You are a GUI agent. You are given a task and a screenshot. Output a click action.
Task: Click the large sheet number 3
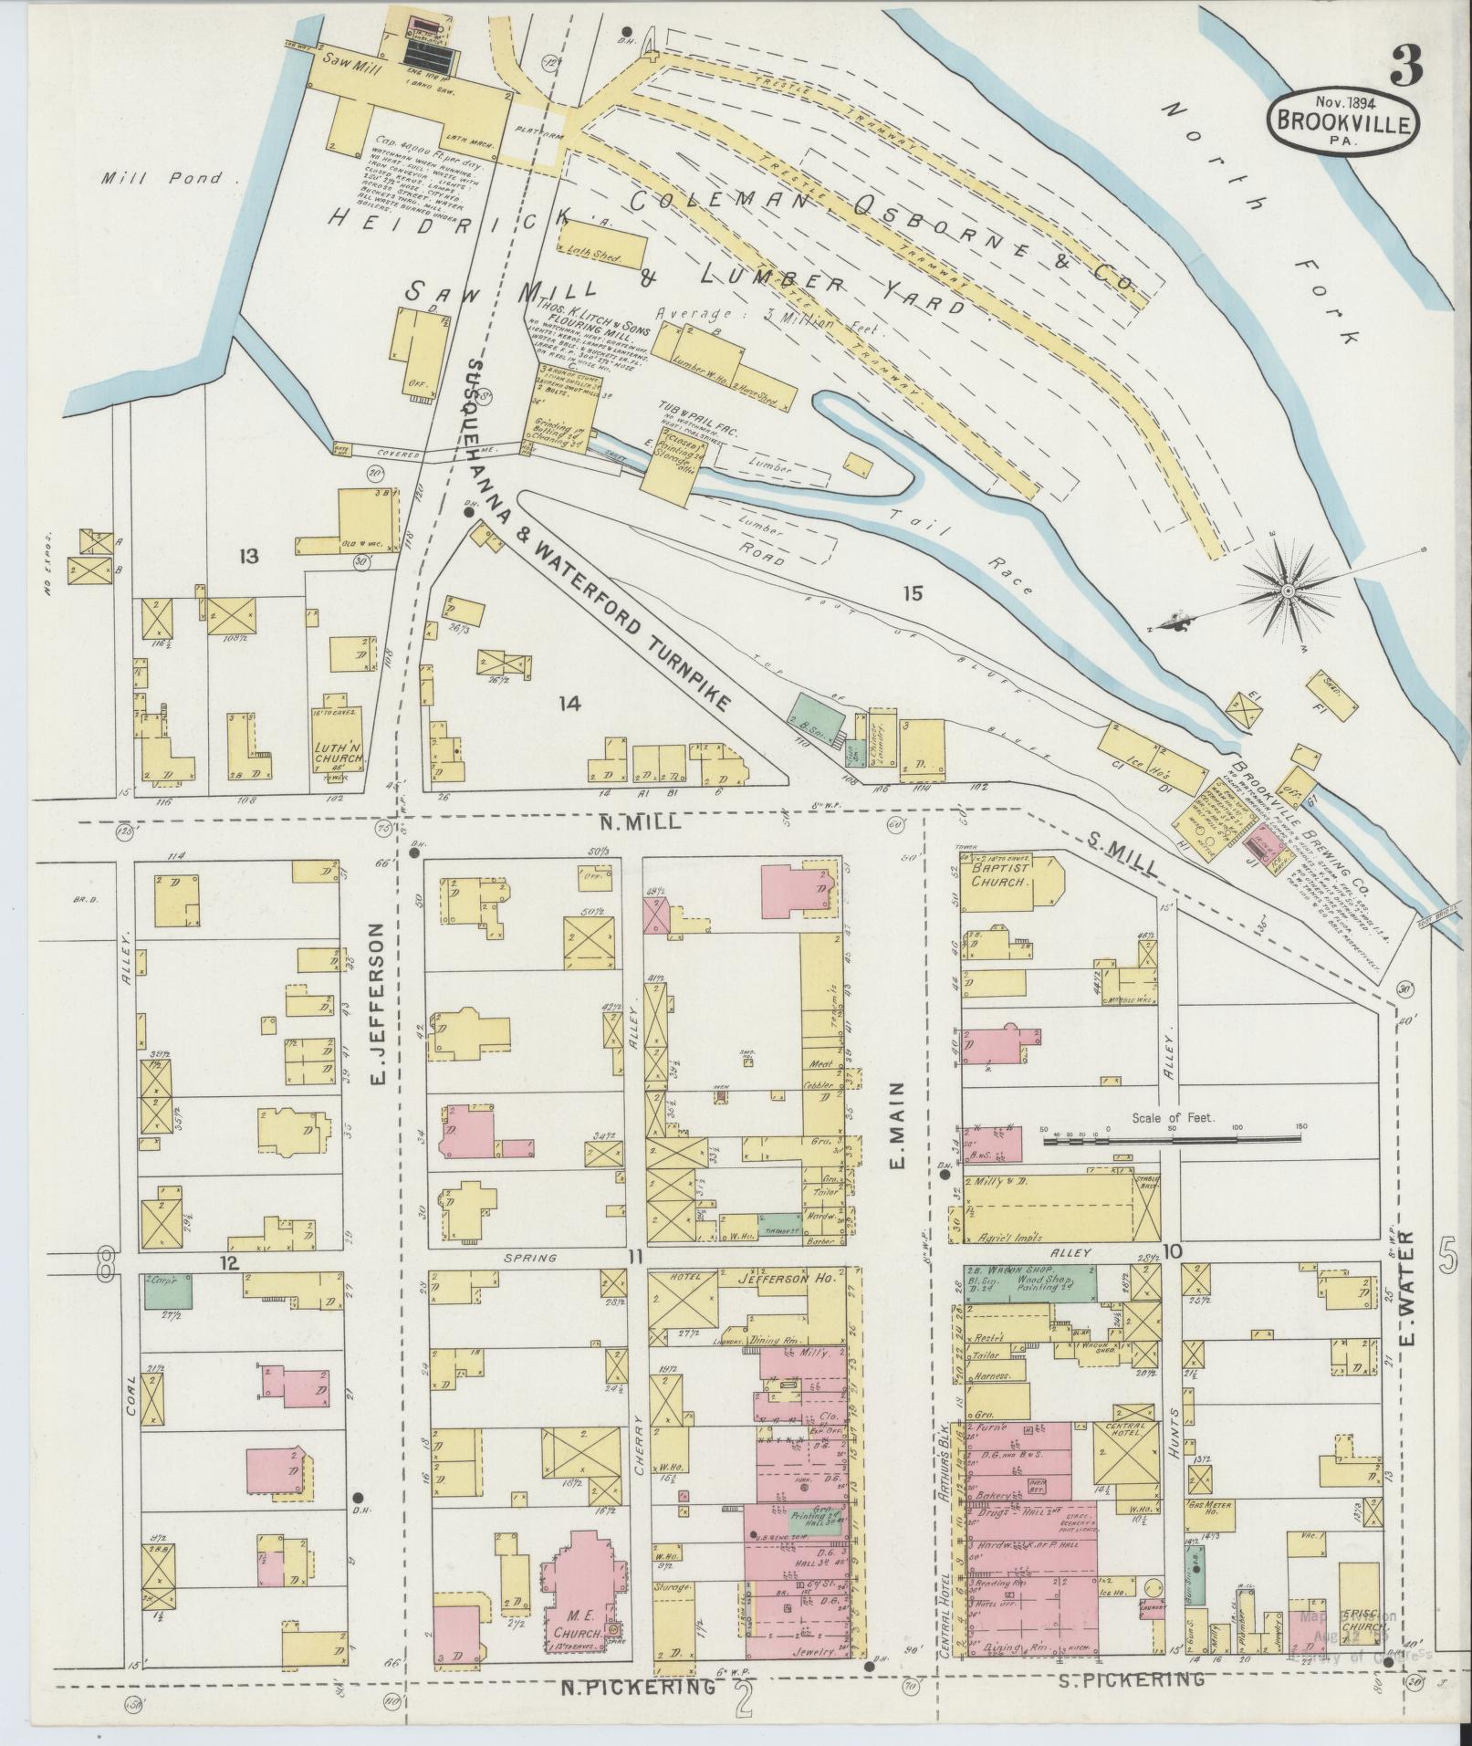coord(1411,65)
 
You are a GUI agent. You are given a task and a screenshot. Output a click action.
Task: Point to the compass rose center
coord(1287,592)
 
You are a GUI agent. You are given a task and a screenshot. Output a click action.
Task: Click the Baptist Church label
coord(997,877)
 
